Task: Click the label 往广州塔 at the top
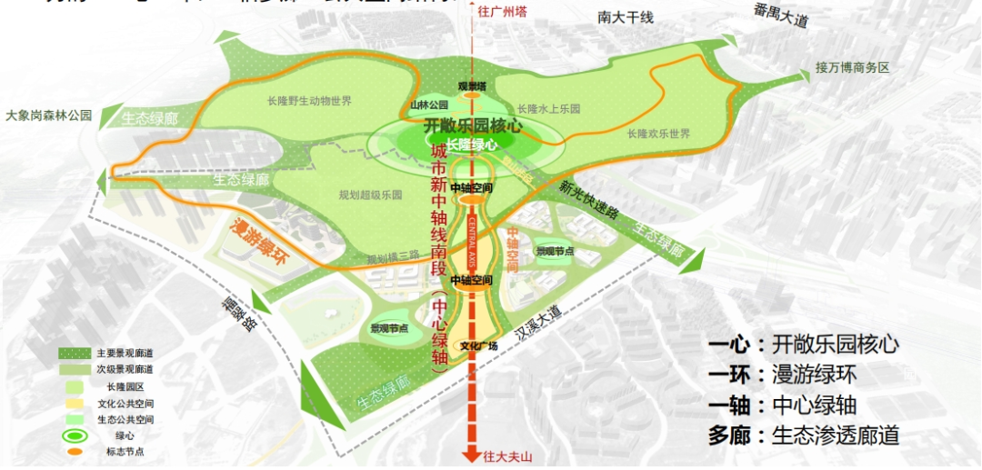(502, 14)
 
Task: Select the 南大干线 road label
(626, 17)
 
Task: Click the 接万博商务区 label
(851, 68)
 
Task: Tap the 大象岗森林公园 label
(49, 115)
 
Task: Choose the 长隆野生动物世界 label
(309, 101)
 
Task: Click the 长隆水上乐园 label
(548, 109)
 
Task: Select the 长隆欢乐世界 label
(657, 134)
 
